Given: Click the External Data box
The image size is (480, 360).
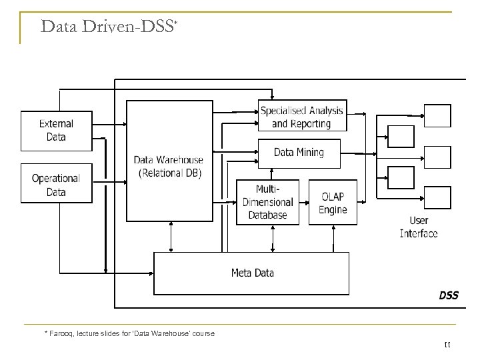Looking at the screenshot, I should (57, 131).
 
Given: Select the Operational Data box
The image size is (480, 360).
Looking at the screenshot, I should (57, 184).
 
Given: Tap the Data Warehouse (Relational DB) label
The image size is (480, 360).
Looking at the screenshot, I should (168, 167).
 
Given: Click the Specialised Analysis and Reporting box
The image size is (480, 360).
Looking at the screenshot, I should (302, 117).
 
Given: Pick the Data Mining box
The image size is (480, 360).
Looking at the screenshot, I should (299, 153).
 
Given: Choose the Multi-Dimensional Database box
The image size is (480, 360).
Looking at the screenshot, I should (267, 202).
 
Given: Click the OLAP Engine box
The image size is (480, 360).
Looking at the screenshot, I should (333, 202).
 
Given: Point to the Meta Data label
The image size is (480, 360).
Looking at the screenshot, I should (252, 273).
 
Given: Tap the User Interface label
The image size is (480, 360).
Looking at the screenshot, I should (419, 227).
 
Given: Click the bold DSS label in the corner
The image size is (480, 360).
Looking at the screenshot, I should (448, 295).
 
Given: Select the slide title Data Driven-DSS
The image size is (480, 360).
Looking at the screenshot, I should (107, 27).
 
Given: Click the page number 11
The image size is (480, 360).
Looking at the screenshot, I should (447, 344).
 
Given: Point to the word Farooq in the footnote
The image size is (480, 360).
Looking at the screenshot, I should (62, 333).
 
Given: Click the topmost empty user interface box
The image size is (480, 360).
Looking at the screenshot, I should (438, 116).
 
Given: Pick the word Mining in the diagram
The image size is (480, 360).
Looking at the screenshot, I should (309, 153).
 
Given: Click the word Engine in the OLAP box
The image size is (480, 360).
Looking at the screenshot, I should (333, 210).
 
